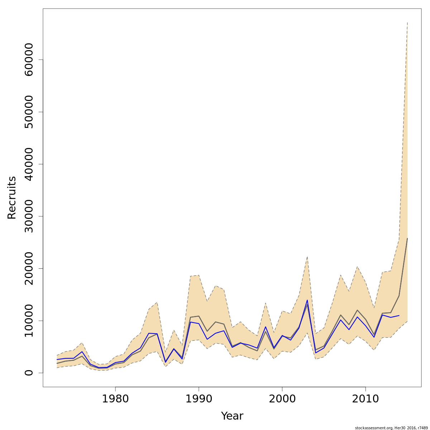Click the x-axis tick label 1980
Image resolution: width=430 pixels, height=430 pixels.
(115, 399)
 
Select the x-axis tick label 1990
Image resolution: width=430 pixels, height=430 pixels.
(199, 399)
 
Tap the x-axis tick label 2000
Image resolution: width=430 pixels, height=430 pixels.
(282, 399)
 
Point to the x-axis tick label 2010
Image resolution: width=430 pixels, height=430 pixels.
(365, 399)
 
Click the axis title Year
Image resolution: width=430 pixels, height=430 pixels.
(232, 416)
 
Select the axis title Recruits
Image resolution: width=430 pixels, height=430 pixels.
(12, 197)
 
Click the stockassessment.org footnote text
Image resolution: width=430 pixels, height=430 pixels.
(392, 427)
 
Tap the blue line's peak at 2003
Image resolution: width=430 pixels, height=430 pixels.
(307, 300)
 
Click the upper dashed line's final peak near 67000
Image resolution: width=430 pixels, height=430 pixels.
(407, 23)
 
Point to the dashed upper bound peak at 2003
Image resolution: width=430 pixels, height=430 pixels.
(307, 257)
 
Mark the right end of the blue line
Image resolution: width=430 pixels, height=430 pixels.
(399, 315)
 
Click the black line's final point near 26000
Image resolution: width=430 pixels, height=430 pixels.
(407, 238)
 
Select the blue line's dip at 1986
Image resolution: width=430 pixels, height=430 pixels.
(165, 362)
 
